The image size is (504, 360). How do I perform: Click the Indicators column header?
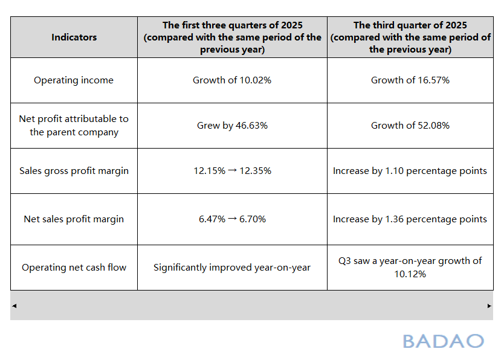coord(74,37)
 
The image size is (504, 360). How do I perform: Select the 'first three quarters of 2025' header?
coord(232,37)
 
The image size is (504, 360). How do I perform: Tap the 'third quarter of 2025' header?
coord(410,37)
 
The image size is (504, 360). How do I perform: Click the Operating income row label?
coord(74,80)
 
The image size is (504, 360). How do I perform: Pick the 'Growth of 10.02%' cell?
coord(232,80)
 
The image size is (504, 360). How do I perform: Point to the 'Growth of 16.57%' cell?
coord(410,80)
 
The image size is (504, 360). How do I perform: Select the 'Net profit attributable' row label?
coord(74,126)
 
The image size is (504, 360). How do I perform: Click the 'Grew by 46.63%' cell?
coord(232,126)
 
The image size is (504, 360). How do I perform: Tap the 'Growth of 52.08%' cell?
coord(410,126)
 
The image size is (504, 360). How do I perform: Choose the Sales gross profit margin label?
coord(74,171)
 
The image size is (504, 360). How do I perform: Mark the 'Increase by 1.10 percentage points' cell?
coord(410,171)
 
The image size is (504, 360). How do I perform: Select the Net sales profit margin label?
coord(74,219)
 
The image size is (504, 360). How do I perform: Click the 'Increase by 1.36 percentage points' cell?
coord(410,219)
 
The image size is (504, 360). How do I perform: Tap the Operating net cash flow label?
coord(74,268)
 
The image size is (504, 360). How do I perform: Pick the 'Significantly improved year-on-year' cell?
coord(232,268)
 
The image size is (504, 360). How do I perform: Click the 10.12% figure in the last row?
coord(410,274)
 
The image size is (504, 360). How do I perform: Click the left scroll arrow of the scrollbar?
coord(15,306)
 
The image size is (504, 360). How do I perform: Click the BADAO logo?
coord(443,341)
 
